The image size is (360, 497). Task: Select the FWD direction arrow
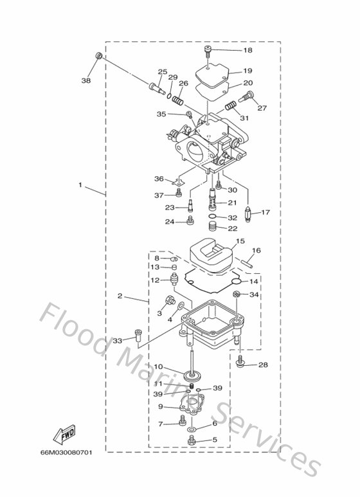point(66,437)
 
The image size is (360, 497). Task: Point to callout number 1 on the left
point(80,185)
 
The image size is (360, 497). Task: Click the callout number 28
point(262,365)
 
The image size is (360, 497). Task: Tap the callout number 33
point(117,340)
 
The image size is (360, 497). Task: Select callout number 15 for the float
point(240,241)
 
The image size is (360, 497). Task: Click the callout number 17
point(265,212)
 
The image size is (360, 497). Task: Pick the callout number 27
point(262,108)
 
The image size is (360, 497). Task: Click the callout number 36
point(159,179)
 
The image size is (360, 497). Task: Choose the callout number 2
point(120,296)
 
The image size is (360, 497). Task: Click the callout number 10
point(158,367)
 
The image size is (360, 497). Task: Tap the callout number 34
point(254,294)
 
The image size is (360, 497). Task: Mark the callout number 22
point(232,228)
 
